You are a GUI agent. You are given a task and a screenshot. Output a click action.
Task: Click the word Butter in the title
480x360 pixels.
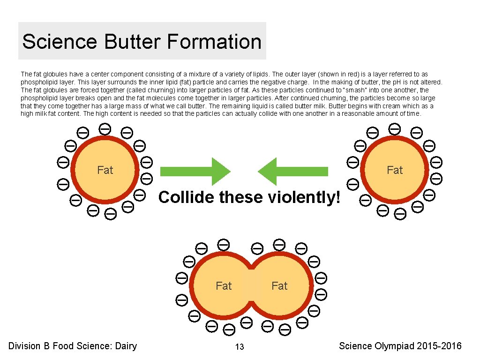132,41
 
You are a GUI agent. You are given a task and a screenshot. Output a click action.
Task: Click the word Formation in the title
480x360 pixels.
214,41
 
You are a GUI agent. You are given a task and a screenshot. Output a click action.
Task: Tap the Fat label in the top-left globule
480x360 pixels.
105,170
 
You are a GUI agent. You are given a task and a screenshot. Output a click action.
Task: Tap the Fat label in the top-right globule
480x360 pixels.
395,170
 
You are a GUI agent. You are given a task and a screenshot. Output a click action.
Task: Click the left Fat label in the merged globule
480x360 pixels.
224,285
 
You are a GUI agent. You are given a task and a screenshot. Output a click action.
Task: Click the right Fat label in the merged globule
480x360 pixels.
279,285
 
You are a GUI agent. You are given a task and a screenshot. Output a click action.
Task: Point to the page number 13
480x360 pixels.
240,347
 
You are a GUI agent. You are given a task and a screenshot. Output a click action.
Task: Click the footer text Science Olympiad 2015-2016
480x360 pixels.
400,346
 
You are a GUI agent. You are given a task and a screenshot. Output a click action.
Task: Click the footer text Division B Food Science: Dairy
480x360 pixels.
73,346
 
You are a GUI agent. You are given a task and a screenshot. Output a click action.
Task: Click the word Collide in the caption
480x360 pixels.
185,197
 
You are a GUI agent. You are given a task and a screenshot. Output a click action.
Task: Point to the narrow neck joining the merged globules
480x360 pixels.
252,285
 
